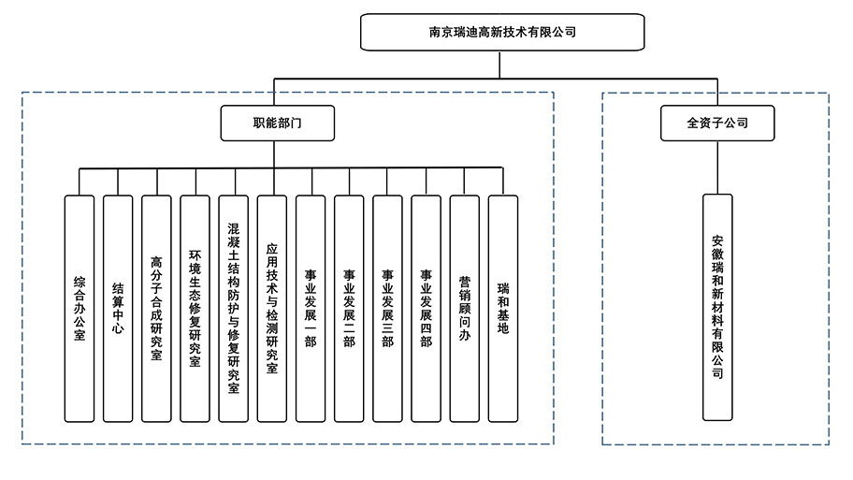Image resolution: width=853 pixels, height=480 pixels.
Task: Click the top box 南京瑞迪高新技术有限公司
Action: click(502, 32)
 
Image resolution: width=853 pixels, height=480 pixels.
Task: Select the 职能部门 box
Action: click(277, 123)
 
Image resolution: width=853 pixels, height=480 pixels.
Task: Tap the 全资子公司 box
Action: click(717, 123)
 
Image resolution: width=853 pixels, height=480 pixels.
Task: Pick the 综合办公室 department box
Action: click(80, 308)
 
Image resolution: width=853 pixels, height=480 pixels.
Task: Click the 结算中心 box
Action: click(118, 308)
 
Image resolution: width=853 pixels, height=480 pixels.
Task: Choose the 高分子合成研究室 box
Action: click(156, 308)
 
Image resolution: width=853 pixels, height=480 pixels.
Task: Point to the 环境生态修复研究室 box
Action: click(195, 308)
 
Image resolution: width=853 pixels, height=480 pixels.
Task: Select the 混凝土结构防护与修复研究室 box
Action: click(233, 308)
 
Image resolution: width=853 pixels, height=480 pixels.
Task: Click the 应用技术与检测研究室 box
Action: click(271, 308)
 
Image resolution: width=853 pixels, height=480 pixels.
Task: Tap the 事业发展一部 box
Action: click(311, 308)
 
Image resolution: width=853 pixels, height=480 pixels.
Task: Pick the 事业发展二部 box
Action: click(349, 308)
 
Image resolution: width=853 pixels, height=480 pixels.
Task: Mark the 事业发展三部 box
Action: click(387, 308)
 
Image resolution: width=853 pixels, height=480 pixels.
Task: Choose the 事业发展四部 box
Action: click(426, 308)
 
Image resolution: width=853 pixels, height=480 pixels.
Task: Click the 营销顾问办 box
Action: click(464, 308)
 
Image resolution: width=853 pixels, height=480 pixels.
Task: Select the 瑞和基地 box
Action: click(503, 308)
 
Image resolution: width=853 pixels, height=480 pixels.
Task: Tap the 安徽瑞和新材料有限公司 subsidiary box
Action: click(717, 306)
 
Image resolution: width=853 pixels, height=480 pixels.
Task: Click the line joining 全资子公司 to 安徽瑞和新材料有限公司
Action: click(717, 167)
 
